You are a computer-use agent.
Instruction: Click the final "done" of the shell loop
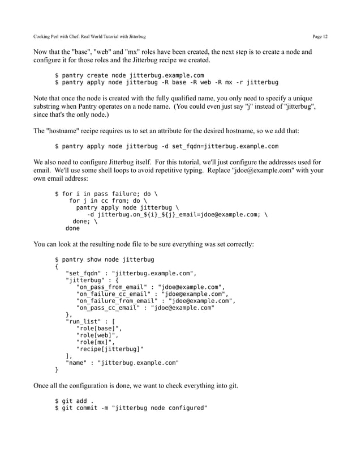click(72, 229)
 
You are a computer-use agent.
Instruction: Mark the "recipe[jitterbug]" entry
click(110, 350)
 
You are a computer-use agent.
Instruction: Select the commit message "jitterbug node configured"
click(160, 409)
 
